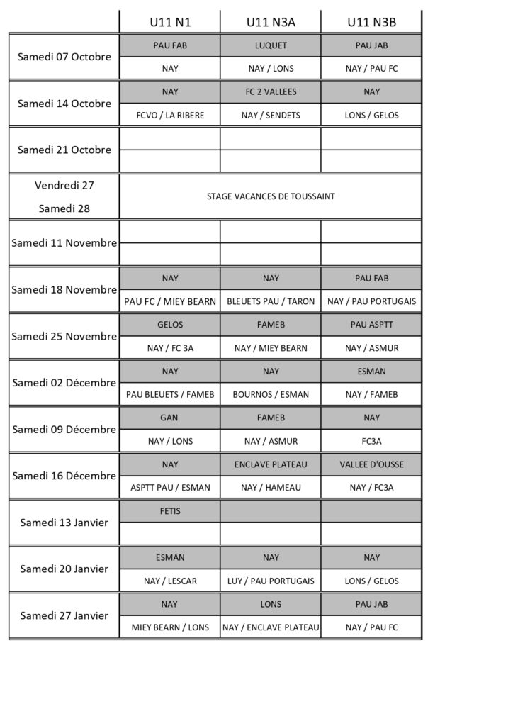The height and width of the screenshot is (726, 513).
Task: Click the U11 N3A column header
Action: coord(271,22)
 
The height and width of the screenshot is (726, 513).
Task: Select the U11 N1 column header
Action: coord(170,22)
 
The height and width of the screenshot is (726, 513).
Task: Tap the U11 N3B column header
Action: coord(371,22)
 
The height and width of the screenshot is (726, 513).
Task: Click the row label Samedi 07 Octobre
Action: coord(64,57)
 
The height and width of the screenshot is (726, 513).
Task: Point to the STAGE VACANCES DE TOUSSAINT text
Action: coord(271,196)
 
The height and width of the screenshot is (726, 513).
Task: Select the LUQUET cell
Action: coord(271,45)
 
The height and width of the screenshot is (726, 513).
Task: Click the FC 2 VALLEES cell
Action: coord(271,91)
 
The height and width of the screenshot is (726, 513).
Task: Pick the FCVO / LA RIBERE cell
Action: coord(170,115)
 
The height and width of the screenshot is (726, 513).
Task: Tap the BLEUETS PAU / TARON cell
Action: coord(271,301)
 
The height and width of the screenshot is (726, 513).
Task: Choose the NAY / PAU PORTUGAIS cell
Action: coord(371,301)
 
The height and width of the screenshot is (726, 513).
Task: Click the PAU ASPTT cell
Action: coord(371,325)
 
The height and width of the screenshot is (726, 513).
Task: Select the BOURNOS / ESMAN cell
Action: coord(271,394)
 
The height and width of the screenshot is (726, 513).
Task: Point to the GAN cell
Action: coord(170,418)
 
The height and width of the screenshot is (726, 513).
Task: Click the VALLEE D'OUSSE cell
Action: coord(371,464)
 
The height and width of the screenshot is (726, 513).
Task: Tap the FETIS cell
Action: coord(170,510)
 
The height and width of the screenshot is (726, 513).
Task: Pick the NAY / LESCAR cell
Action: coord(170,581)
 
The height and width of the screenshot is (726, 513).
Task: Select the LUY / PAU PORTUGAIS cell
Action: coord(271,581)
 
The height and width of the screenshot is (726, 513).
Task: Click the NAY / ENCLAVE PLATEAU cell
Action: coord(271,627)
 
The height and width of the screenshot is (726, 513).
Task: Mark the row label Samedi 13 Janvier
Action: coord(64,523)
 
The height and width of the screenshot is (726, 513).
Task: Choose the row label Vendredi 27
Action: coord(64,185)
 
